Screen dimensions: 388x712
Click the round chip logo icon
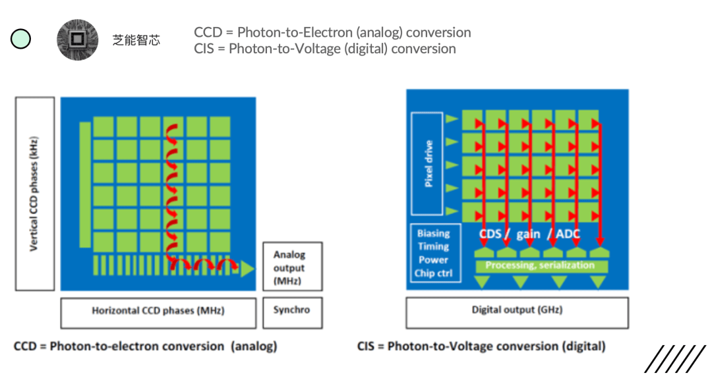click(x=77, y=40)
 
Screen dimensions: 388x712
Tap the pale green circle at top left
click(x=20, y=40)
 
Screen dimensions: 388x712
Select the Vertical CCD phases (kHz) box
click(x=34, y=194)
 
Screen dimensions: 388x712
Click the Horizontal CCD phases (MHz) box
click(x=158, y=313)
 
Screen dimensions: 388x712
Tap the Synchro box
click(x=291, y=310)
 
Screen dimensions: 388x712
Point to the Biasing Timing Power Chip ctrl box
click(x=433, y=253)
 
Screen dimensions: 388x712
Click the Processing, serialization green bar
click(x=540, y=265)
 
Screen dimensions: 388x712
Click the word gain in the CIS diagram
click(x=528, y=235)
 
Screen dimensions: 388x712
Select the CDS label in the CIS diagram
click(x=490, y=234)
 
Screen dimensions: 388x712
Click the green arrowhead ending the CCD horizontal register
click(x=247, y=267)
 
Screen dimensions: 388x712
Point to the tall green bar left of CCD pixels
click(x=84, y=184)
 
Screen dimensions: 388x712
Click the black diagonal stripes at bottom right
click(x=674, y=358)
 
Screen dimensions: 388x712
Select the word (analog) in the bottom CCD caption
click(x=254, y=346)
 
